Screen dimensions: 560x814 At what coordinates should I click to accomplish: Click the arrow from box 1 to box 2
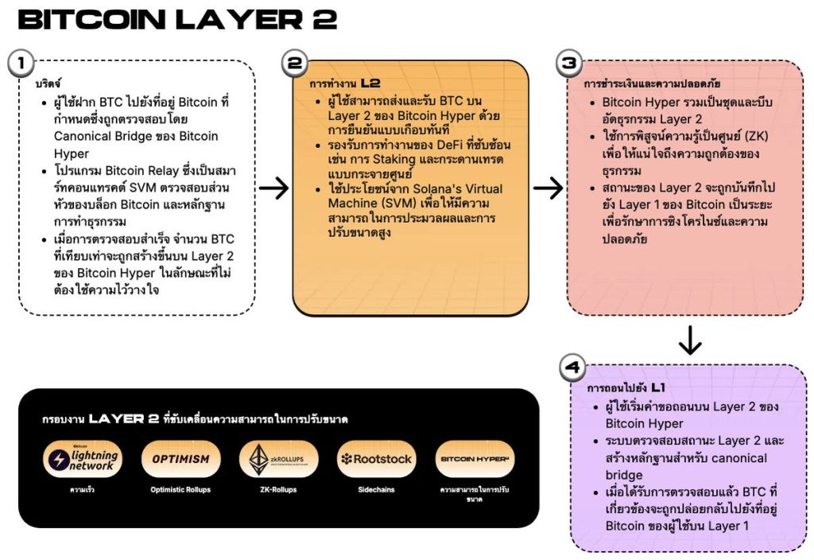point(273,189)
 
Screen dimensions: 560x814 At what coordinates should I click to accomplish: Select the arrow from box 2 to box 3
point(548,189)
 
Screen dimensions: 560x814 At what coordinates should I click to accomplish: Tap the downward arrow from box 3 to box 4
point(690,340)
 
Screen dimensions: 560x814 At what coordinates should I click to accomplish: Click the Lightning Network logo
point(83,460)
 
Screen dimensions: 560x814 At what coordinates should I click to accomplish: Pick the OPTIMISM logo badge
point(180,459)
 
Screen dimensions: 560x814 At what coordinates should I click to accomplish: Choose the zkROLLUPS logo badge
point(278,460)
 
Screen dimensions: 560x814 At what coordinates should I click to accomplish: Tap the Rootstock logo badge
point(376,459)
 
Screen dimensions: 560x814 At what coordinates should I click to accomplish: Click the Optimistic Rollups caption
point(180,490)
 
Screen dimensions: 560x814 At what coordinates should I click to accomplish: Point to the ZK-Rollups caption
point(278,490)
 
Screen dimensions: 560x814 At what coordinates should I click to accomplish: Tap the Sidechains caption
point(376,490)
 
